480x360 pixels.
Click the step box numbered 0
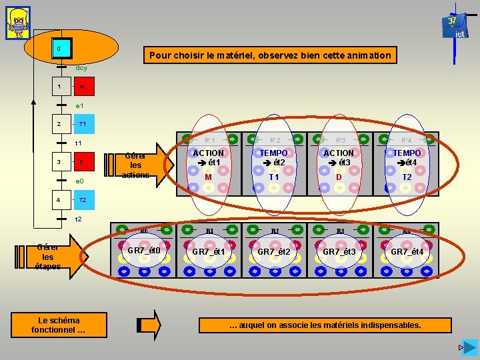tap(59, 49)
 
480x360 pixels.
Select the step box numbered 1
tap(59, 87)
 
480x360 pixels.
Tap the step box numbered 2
tap(59, 124)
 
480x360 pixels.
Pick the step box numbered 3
tap(59, 161)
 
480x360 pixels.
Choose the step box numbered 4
tap(59, 199)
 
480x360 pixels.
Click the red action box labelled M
tap(82, 87)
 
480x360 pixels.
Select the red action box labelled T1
tap(83, 124)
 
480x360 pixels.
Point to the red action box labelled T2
tap(83, 199)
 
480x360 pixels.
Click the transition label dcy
tap(81, 68)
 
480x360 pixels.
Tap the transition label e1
tap(79, 105)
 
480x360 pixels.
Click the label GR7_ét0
tap(143, 251)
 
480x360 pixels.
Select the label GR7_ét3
tap(339, 251)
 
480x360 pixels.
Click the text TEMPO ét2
tap(274, 158)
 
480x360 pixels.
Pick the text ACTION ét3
tap(339, 158)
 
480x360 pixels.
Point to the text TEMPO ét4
tap(406, 158)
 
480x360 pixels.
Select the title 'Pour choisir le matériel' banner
tap(270, 55)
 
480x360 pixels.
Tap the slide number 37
tap(452, 21)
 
